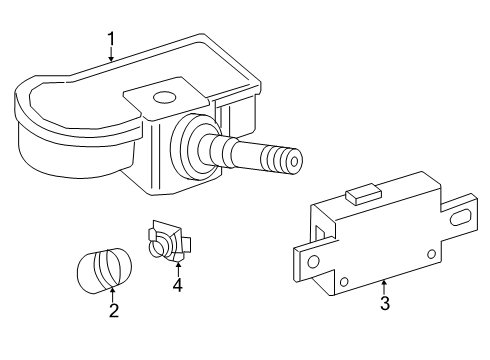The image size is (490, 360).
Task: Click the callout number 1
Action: [111, 40]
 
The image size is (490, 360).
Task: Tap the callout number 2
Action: [114, 311]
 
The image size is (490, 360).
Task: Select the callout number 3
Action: [385, 303]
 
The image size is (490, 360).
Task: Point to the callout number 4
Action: [178, 285]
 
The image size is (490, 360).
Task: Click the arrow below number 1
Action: [111, 55]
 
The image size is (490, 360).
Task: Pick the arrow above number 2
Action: [113, 295]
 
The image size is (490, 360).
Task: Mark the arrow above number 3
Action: [384, 287]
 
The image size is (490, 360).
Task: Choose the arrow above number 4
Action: [178, 270]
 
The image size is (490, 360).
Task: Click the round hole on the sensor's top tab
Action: [164, 97]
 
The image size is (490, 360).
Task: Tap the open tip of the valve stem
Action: [294, 162]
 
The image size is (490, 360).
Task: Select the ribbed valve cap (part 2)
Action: [104, 271]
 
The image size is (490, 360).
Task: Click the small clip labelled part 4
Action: [169, 241]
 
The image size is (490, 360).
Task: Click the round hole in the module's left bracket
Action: [313, 261]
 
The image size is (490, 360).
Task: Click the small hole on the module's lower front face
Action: [344, 282]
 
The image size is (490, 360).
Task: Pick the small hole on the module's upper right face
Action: [431, 254]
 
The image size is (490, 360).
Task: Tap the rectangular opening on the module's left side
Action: [320, 233]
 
